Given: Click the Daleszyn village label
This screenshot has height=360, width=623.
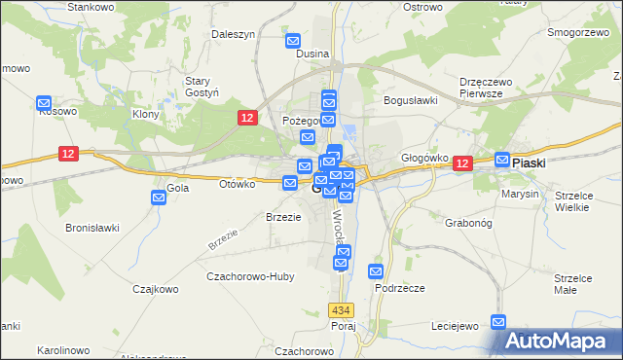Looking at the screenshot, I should tap(233, 33).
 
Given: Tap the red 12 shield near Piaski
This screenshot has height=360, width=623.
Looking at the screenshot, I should tap(461, 165).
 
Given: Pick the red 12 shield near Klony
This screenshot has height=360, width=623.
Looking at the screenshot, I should tap(247, 118).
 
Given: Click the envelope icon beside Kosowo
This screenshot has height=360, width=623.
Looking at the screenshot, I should tap(44, 102).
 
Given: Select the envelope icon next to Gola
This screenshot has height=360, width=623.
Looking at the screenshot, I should tap(160, 198).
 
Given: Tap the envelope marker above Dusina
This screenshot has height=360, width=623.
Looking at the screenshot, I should tap(294, 41).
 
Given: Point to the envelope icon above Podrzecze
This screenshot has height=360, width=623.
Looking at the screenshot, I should tap(375, 271).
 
